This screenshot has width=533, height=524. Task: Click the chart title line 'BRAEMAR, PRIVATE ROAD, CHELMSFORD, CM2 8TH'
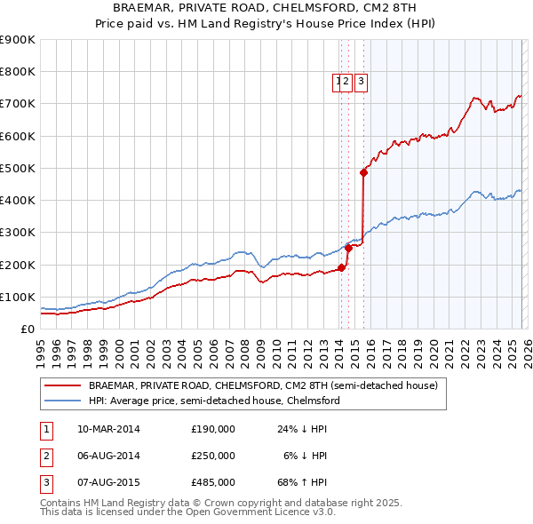(266, 7)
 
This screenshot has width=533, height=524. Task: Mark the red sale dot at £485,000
(363, 173)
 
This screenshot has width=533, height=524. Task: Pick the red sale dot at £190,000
(341, 267)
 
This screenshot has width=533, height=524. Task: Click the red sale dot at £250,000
(348, 249)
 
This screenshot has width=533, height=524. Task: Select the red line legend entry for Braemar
(263, 386)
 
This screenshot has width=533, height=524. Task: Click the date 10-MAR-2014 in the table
(107, 429)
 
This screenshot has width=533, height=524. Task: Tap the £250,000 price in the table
(213, 456)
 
